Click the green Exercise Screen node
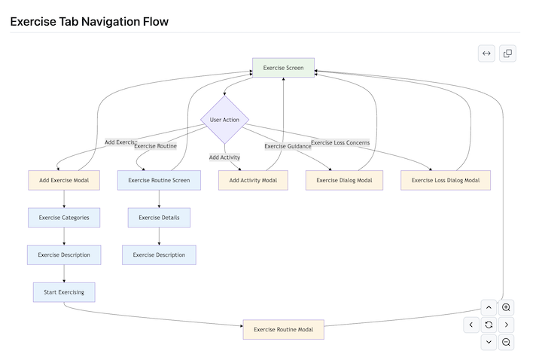[283, 68]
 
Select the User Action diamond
[224, 120]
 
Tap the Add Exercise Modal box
[64, 181]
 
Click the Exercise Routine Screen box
[159, 181]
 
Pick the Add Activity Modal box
[253, 181]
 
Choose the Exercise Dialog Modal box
[344, 181]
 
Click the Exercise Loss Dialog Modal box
[446, 181]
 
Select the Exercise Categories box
[64, 218]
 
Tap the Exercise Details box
[159, 218]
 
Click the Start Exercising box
[64, 292]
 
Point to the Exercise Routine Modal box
[283, 329]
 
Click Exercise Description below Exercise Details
[159, 255]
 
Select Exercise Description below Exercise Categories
[64, 255]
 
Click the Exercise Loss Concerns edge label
[340, 142]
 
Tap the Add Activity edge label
[224, 157]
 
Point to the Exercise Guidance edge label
[288, 146]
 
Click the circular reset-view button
[489, 325]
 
